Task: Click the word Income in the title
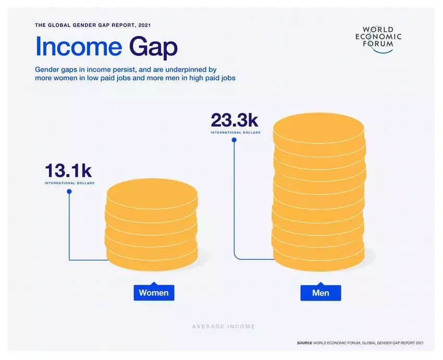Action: (79, 47)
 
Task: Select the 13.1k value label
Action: (68, 171)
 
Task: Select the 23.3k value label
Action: (235, 121)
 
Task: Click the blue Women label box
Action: (154, 293)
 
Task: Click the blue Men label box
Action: (321, 293)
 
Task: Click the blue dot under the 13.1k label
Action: (69, 191)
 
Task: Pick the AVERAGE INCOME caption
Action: (224, 327)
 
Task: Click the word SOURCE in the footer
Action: (304, 343)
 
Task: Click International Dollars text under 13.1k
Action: (69, 183)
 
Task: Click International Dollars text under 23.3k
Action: (236, 133)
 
